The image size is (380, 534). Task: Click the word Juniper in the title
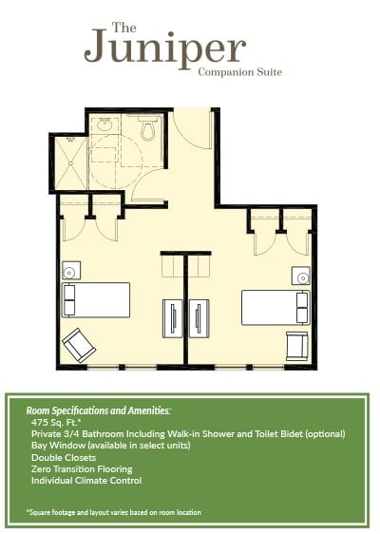coord(164,48)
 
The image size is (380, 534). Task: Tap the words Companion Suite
coord(240,72)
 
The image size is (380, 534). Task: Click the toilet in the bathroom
coord(148,128)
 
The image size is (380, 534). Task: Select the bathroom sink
coord(104,124)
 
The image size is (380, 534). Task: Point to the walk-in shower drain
coord(71,163)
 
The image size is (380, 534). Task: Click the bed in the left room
coord(96,299)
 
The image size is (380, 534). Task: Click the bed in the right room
coord(275,308)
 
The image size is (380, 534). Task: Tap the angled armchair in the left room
coord(79,346)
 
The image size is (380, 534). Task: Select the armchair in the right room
coord(297,346)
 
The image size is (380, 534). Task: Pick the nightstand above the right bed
coord(301,276)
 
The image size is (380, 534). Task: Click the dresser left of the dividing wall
coord(173,318)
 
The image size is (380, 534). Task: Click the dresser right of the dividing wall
coord(199,318)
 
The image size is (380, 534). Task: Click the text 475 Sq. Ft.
coord(56,423)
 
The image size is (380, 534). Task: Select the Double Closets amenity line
coord(64,457)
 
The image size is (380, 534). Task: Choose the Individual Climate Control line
coord(86,481)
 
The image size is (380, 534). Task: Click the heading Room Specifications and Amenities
coord(99,410)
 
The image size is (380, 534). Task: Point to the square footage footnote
coord(114,512)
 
